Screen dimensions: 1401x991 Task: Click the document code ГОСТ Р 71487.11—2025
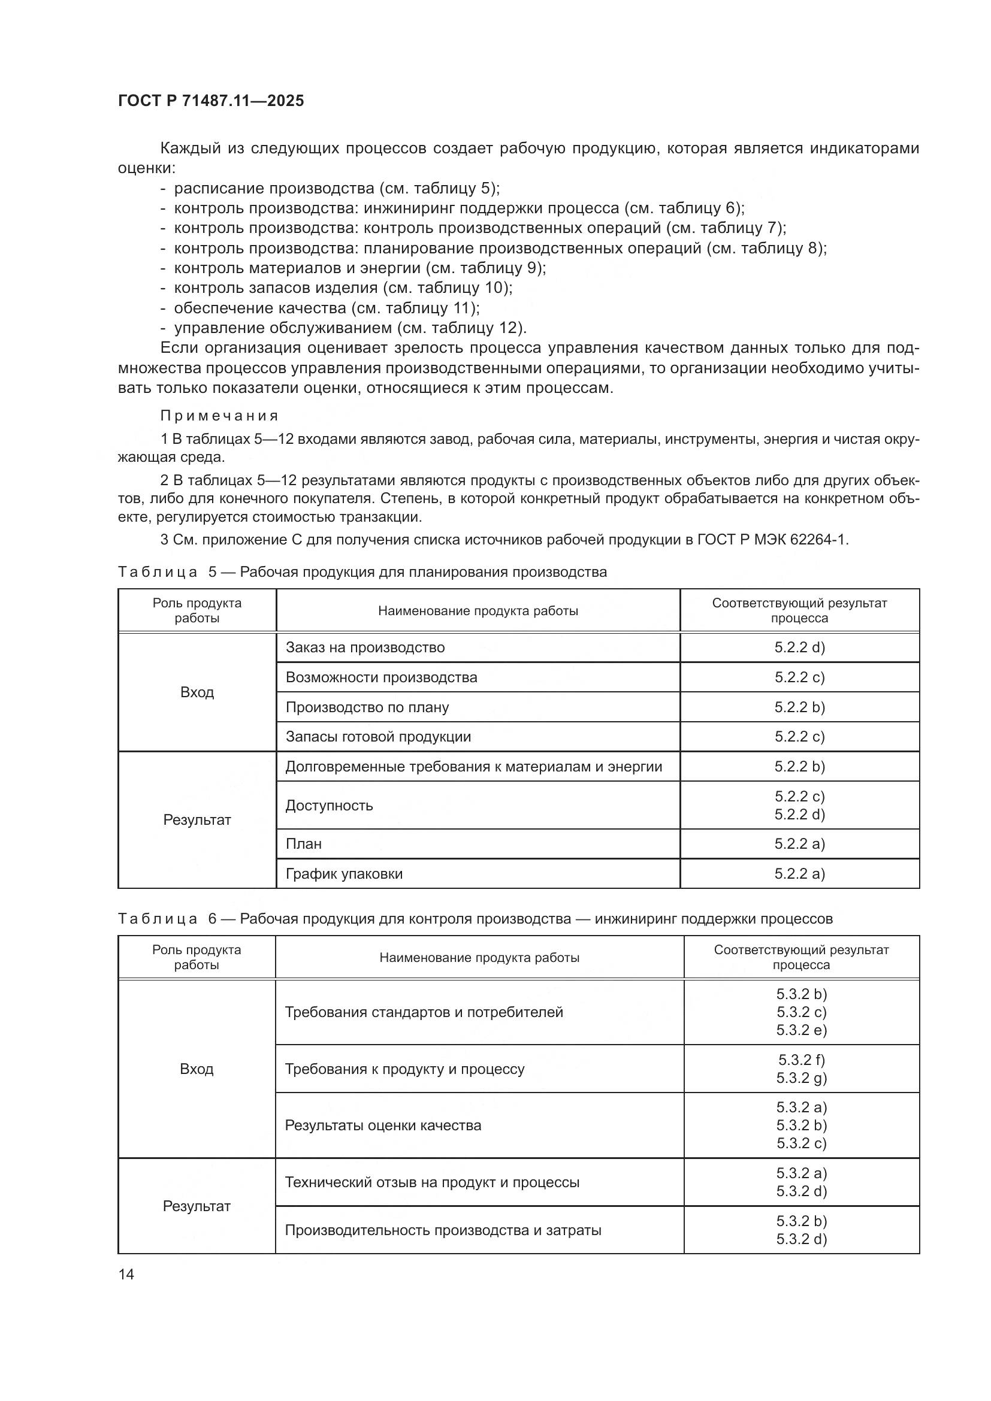[x=210, y=101]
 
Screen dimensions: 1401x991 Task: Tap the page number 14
[x=126, y=1274]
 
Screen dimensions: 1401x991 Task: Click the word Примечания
[x=219, y=416]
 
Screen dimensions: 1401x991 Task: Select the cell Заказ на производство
[x=365, y=647]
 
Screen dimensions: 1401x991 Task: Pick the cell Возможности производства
[x=382, y=677]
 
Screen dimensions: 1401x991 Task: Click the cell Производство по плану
[x=367, y=707]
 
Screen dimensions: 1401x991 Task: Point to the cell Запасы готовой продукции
[x=378, y=737]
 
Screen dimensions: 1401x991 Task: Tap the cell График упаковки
[x=344, y=874]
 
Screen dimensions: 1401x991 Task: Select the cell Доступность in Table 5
[x=329, y=806]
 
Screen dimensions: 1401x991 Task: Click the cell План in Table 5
[x=303, y=844]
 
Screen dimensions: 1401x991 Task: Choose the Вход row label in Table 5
[x=197, y=692]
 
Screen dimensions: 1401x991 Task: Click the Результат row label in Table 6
[x=197, y=1206]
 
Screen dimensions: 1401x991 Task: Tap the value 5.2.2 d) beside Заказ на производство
[x=799, y=647]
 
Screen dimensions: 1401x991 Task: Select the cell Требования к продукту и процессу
[x=404, y=1069]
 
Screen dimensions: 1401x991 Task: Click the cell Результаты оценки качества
[x=383, y=1125]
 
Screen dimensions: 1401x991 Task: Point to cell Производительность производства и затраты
[x=443, y=1230]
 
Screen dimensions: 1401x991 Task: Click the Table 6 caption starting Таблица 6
[x=475, y=919]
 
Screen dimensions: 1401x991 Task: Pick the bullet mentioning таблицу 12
[x=350, y=328]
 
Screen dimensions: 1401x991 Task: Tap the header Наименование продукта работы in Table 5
[x=478, y=611]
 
